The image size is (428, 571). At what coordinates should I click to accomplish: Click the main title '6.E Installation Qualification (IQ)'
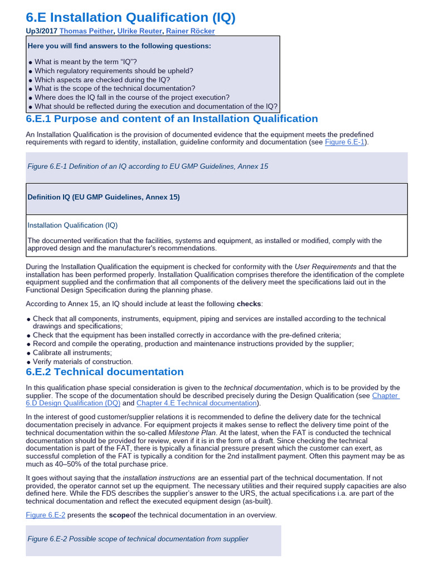click(x=131, y=17)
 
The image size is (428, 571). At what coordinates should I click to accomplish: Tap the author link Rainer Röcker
click(x=190, y=31)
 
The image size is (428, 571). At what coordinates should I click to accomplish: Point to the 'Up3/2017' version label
click(x=41, y=31)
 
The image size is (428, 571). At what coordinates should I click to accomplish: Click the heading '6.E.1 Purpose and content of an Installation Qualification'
click(x=172, y=119)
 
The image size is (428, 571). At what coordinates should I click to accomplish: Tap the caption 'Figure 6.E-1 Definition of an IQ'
click(x=148, y=167)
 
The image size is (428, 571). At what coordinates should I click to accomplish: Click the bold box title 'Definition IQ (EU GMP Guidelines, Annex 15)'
click(x=104, y=197)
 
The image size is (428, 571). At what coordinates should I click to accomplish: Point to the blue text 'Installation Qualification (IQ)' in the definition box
click(x=72, y=225)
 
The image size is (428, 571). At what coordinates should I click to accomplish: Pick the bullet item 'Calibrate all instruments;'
click(x=72, y=352)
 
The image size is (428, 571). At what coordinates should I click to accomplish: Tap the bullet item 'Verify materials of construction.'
click(x=83, y=361)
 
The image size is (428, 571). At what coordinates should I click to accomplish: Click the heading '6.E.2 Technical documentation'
click(x=105, y=372)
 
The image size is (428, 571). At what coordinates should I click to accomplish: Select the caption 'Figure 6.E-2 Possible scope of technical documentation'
click(x=138, y=539)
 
